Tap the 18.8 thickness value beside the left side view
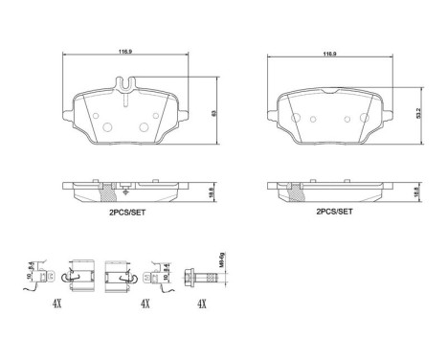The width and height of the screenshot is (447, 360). (212, 191)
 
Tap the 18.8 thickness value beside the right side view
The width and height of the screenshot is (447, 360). (416, 191)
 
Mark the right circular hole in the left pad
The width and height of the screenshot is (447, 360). (145, 124)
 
